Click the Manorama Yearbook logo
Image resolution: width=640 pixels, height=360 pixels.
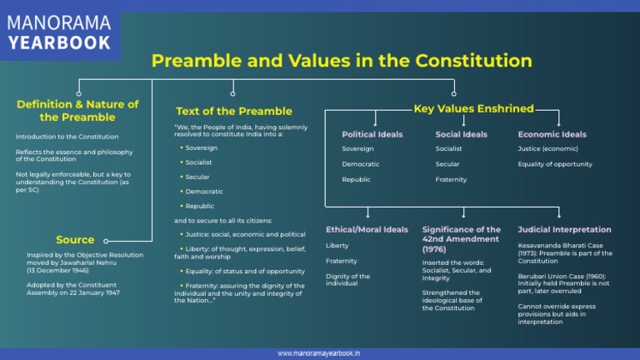(x=59, y=32)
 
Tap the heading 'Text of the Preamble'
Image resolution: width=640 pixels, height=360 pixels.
(x=234, y=111)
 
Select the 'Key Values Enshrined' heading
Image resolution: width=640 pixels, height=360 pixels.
(x=473, y=108)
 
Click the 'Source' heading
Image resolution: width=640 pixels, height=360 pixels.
(x=75, y=240)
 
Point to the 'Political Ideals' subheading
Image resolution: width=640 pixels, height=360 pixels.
(x=372, y=134)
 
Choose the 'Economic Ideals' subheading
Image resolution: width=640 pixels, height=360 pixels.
(x=552, y=134)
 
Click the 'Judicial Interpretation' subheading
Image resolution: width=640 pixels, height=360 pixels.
(x=564, y=229)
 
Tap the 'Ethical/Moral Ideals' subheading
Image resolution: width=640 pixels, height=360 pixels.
(x=367, y=229)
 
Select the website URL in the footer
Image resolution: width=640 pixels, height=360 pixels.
(x=319, y=353)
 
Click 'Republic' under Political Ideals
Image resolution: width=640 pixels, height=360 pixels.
(x=356, y=180)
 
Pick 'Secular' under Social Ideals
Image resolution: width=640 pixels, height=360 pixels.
(x=447, y=164)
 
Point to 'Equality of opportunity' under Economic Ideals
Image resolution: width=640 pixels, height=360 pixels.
(x=555, y=164)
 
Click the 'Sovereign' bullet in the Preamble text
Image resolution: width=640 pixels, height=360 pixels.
(x=201, y=147)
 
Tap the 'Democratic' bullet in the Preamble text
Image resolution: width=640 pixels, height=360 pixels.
(x=204, y=192)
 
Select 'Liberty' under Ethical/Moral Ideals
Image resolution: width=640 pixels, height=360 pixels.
(x=337, y=246)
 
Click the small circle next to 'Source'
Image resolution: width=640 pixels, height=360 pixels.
(x=106, y=241)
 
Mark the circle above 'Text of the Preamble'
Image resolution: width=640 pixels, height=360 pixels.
(x=232, y=94)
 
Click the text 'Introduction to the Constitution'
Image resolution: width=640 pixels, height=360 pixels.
(x=67, y=137)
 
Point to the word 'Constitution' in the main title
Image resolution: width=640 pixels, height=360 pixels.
(x=473, y=61)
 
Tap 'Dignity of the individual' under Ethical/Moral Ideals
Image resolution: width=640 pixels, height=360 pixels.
(x=347, y=280)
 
